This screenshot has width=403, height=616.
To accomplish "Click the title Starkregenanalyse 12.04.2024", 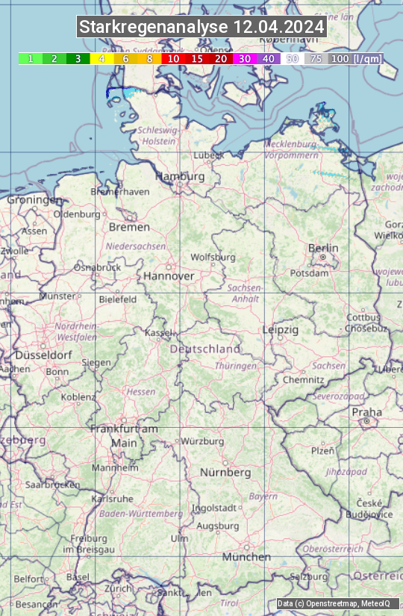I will tap(201, 28).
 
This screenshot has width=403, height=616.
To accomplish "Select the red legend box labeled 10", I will tap(173, 58).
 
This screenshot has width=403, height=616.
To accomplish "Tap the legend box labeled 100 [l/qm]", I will tap(354, 58).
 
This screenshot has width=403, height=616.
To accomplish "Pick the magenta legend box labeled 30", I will tap(245, 58).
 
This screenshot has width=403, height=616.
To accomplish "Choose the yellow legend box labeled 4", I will tap(101, 58).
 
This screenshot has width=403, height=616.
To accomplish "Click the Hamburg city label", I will tap(180, 177).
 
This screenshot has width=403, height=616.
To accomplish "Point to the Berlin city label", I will tap(323, 249).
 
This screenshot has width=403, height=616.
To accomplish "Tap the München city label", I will tap(246, 557).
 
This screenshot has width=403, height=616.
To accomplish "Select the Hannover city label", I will tap(169, 276).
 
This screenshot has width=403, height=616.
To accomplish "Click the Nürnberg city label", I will tap(225, 473).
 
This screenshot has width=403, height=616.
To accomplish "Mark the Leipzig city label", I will tap(281, 329).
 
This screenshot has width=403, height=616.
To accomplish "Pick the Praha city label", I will tap(366, 412).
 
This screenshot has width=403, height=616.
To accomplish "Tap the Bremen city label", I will tap(129, 227).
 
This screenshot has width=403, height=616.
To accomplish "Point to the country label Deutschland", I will tap(205, 349).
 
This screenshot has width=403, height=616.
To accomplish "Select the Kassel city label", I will tap(159, 332).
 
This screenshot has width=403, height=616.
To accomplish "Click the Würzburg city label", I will tap(202, 441).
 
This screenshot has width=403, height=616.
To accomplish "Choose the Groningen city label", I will tap(34, 200).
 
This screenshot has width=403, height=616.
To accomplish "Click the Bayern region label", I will tap(263, 496).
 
